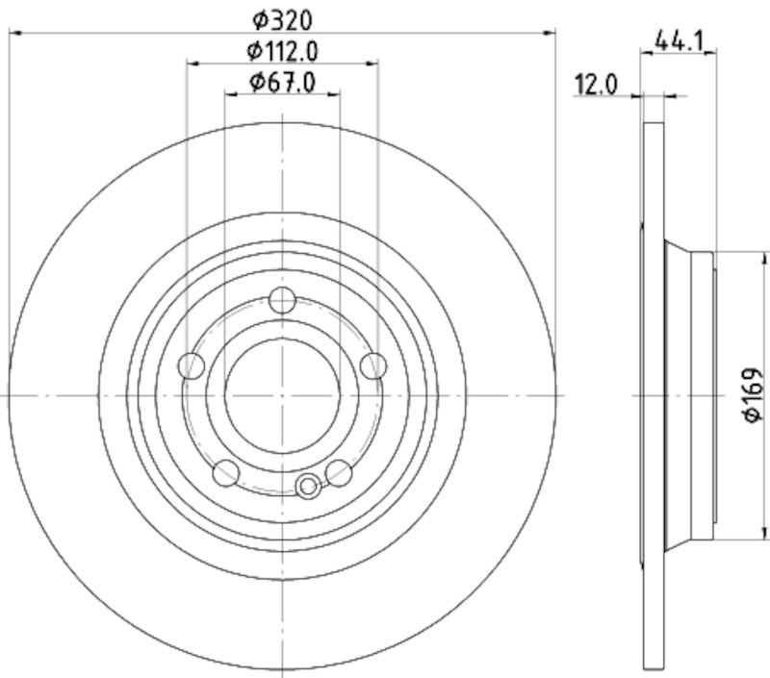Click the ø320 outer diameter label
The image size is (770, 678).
point(283,19)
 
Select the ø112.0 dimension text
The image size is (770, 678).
point(283,51)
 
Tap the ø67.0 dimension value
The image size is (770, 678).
point(283,83)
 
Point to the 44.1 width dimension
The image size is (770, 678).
point(679,40)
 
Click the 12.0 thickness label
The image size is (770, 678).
point(596,85)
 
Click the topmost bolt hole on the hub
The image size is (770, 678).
point(282,300)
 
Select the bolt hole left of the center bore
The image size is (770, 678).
point(192,365)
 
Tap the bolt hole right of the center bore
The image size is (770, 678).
point(372,365)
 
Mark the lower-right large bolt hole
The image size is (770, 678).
point(339,472)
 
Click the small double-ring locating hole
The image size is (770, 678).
point(308,487)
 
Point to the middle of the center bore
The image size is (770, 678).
point(282,394)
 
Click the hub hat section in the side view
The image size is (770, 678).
point(689,394)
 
